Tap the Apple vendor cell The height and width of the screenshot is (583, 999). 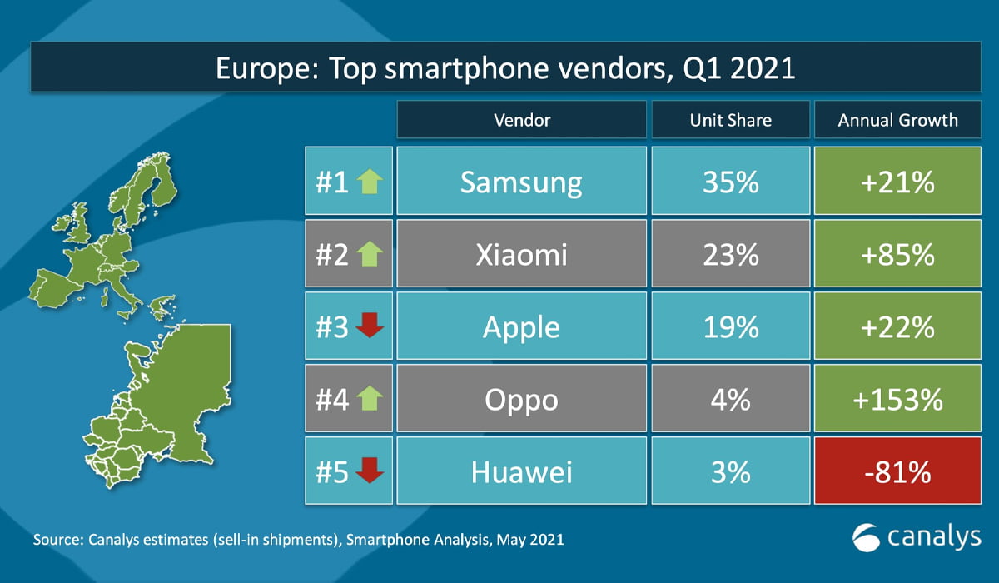pyautogui.click(x=521, y=327)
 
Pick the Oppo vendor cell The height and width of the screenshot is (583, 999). pyautogui.click(x=521, y=400)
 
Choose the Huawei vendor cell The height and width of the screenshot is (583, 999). pyautogui.click(x=521, y=472)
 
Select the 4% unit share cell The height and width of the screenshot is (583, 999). pyautogui.click(x=730, y=400)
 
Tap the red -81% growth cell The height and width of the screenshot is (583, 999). pyautogui.click(x=897, y=472)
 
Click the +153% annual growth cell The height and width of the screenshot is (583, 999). pyautogui.click(x=897, y=400)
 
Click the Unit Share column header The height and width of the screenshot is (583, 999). pyautogui.click(x=730, y=120)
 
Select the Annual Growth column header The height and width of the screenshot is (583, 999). pyautogui.click(x=897, y=120)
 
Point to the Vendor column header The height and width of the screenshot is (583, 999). pyautogui.click(x=521, y=120)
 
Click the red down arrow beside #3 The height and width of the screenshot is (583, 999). pyautogui.click(x=369, y=327)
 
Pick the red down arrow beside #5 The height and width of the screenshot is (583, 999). pyautogui.click(x=369, y=472)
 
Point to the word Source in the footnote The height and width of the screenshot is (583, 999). pyautogui.click(x=57, y=540)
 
